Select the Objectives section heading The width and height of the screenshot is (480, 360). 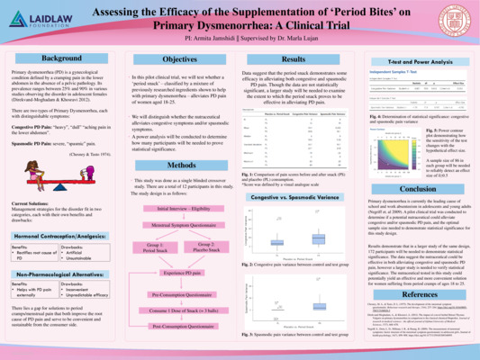[179, 58]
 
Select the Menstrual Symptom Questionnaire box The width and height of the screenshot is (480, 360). [179, 226]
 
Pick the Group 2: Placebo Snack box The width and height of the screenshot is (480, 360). [204, 247]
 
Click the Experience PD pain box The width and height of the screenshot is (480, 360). [179, 272]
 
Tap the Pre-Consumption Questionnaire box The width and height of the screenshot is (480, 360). [179, 294]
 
